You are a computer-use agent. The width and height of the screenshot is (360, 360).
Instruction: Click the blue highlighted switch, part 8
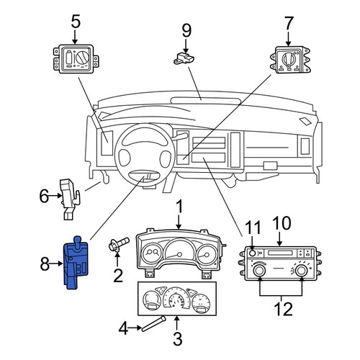(x=76, y=264)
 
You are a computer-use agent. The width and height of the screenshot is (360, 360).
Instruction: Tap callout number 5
(x=76, y=22)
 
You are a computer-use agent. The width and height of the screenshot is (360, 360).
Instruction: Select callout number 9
(x=186, y=31)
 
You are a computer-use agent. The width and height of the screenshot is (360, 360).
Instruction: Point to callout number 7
(x=289, y=23)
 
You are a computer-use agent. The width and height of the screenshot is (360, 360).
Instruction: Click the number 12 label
(x=283, y=309)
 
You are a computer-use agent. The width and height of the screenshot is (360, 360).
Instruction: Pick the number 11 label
(x=253, y=228)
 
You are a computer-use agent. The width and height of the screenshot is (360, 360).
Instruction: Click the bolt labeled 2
(x=118, y=245)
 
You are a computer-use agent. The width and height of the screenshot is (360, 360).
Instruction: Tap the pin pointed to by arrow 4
(x=153, y=324)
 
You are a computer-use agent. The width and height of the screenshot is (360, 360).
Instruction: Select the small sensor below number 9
(x=184, y=59)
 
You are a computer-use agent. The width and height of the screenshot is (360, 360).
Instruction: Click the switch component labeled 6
(x=70, y=199)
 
